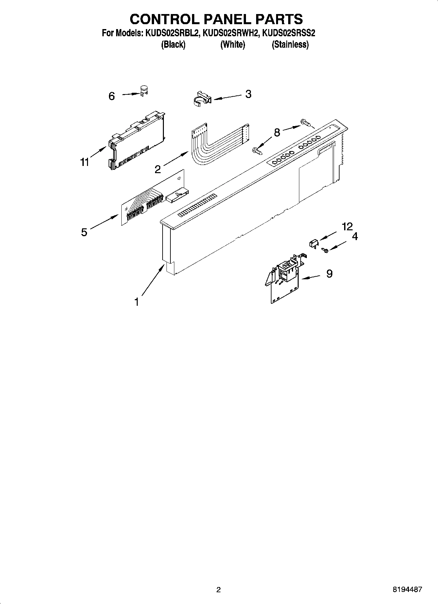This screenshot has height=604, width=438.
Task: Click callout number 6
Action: (112, 96)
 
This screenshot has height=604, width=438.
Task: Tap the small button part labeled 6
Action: (144, 90)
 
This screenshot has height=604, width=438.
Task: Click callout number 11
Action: (85, 162)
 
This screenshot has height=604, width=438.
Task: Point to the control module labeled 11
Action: (136, 140)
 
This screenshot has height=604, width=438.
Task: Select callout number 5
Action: (84, 232)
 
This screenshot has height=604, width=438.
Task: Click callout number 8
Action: (277, 133)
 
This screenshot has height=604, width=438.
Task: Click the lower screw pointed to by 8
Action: (257, 151)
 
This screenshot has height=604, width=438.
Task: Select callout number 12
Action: (347, 226)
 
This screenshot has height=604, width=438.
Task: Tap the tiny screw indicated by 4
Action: (325, 250)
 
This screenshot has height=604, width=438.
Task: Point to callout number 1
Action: (137, 302)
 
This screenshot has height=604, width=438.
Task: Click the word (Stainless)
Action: (290, 44)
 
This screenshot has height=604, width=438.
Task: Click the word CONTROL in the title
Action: (164, 19)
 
